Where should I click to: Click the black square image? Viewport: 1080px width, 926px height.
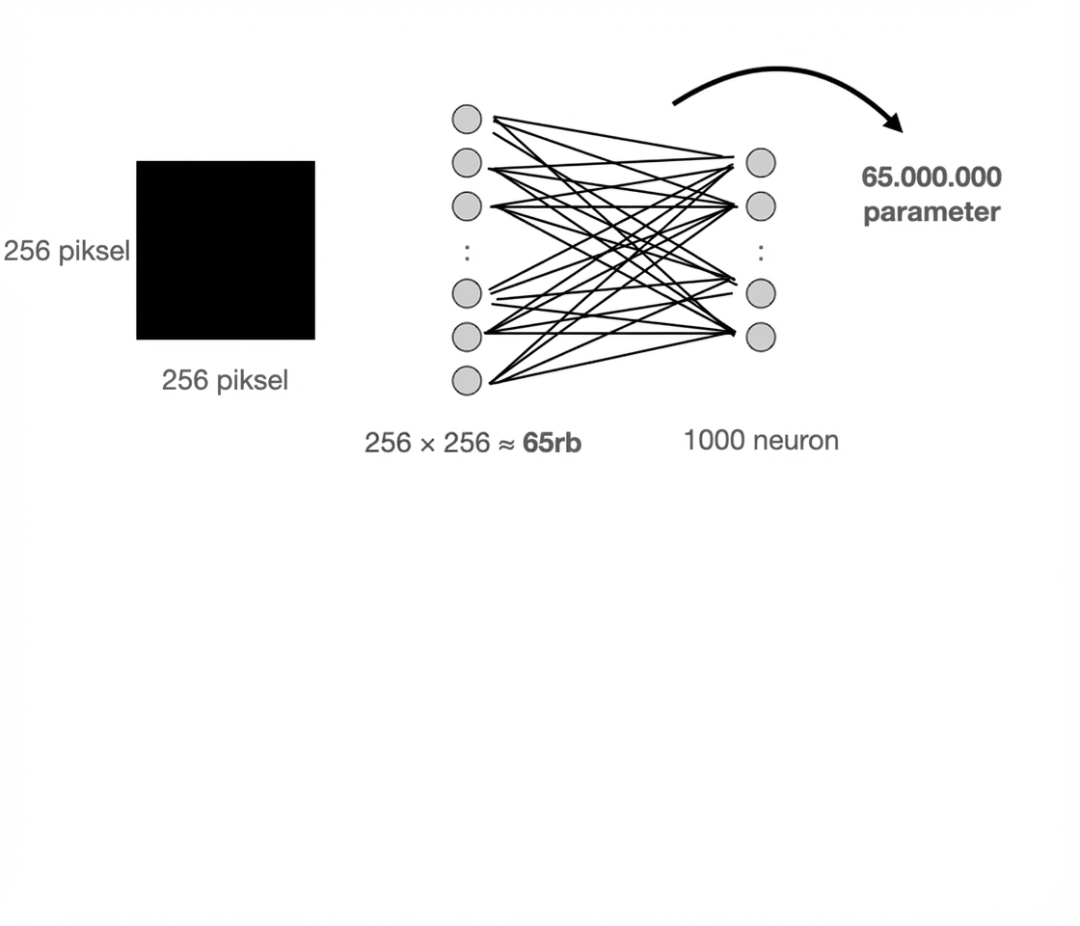pos(226,250)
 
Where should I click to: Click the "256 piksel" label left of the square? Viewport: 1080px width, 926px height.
pos(67,252)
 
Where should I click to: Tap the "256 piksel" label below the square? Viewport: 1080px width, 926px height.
pos(225,380)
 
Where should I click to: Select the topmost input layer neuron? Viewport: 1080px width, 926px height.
pos(467,119)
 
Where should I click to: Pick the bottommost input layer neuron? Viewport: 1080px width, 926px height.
pos(467,380)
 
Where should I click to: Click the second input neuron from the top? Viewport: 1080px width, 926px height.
pos(467,162)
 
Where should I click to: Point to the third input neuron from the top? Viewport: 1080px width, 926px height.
pos(467,205)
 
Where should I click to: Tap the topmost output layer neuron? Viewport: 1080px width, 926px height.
pos(761,162)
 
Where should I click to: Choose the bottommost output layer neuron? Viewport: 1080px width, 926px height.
pos(761,337)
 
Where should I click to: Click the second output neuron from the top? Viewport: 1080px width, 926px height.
pos(761,205)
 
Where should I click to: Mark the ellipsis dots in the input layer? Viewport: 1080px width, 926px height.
pos(467,252)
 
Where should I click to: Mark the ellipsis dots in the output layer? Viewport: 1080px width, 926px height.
pos(761,252)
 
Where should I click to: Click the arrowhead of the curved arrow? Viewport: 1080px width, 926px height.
pos(893,123)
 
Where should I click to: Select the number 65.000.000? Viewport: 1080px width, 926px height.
pos(931,177)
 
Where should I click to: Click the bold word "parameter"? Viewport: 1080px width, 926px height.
pos(931,212)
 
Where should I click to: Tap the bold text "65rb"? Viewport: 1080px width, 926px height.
pos(552,443)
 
